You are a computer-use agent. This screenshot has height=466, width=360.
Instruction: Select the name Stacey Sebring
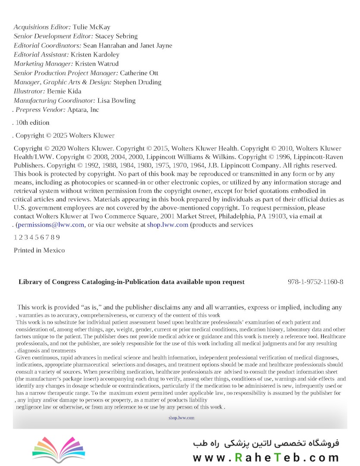(x=116, y=36)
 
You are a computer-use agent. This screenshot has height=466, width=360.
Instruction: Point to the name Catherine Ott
(x=139, y=73)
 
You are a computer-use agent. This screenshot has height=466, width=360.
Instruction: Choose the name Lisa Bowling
(x=116, y=101)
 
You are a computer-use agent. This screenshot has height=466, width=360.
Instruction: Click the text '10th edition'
(x=32, y=123)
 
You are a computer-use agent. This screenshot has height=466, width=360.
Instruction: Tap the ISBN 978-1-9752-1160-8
(x=315, y=282)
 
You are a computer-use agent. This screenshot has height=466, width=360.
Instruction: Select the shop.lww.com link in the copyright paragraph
(x=167, y=225)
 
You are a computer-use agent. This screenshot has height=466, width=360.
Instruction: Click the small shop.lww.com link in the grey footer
(x=182, y=418)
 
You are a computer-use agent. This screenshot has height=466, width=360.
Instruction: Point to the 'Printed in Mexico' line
(x=39, y=250)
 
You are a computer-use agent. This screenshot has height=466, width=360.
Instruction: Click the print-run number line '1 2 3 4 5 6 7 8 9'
(x=37, y=237)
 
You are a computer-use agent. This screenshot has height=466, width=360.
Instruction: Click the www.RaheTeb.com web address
(x=266, y=457)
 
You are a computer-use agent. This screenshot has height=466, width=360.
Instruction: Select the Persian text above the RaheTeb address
(x=266, y=443)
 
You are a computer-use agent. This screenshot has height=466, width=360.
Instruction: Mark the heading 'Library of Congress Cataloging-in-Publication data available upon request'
(x=131, y=282)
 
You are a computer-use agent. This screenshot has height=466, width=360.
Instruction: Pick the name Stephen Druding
(x=138, y=82)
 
